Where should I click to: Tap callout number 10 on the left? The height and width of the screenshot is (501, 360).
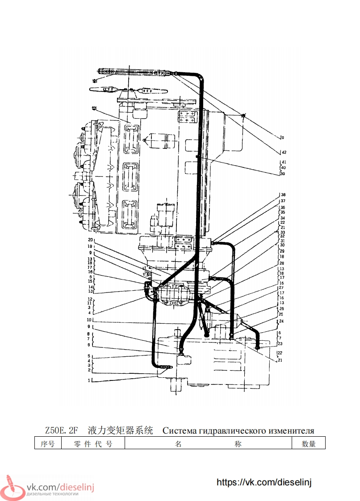pos(89,320)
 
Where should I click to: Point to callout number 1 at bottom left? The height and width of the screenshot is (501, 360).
pos(89,381)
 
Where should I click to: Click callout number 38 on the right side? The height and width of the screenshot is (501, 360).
pos(283,195)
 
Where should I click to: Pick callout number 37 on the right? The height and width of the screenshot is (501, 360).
pos(283,201)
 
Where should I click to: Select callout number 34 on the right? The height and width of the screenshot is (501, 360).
pos(283,218)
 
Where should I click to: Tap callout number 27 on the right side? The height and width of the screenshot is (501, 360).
pos(281,288)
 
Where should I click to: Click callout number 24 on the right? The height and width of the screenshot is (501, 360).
pos(281,321)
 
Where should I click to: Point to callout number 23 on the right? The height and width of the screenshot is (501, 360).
pos(280,344)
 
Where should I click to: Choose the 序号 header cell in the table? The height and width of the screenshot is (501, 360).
pos(47,444)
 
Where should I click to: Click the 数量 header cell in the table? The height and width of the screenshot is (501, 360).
pos(308,444)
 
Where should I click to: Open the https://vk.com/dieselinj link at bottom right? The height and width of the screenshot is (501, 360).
pos(264,482)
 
